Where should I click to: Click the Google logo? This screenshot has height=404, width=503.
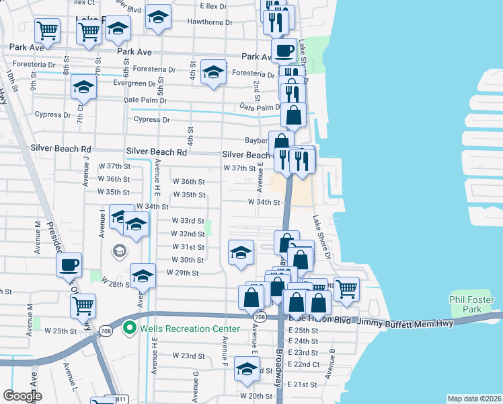22,395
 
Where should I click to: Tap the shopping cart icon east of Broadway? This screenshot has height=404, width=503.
346,289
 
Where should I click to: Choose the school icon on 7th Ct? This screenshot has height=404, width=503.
83,87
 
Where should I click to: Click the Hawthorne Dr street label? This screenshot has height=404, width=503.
210,22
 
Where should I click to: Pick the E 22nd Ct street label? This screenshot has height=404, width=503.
303,364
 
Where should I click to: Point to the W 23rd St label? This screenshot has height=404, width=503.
188,356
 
